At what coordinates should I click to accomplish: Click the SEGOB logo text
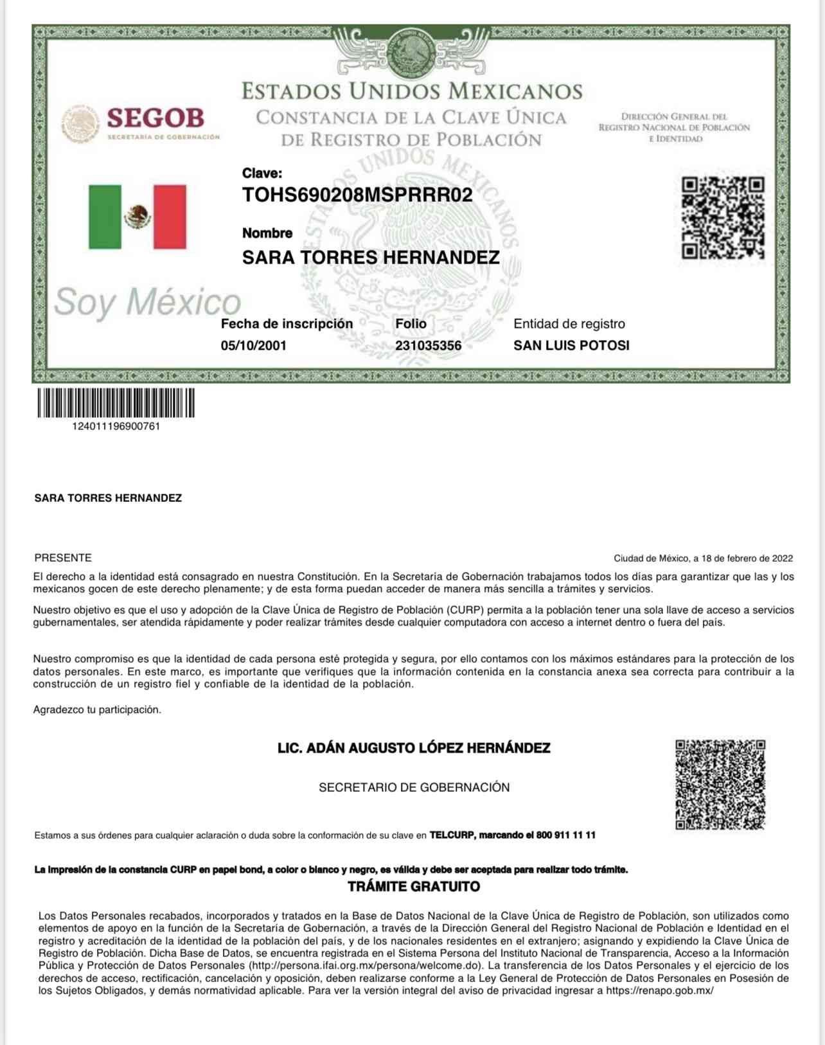point(155,118)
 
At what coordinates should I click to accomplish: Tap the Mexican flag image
point(137,217)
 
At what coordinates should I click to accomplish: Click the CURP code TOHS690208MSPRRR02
point(357,195)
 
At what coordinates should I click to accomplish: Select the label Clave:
point(262,173)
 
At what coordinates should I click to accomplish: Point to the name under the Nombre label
point(371,258)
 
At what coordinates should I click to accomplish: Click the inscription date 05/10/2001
point(254,346)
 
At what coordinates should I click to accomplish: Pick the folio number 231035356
point(428,346)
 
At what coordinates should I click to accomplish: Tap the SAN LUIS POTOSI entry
point(571,346)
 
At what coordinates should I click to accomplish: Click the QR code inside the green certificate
point(723,218)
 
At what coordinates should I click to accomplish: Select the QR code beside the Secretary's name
point(720,785)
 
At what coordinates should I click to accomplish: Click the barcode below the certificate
point(116,403)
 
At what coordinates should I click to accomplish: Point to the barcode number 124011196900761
point(116,427)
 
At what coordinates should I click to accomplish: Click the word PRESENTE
point(63,558)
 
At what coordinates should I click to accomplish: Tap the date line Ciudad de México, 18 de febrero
point(703,558)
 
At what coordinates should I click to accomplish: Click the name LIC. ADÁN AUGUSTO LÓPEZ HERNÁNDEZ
point(414,748)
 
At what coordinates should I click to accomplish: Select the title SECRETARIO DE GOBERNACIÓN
point(414,787)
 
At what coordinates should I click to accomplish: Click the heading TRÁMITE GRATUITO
point(414,887)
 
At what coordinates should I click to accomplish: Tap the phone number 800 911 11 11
point(565,835)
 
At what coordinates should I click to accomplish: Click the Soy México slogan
point(147,302)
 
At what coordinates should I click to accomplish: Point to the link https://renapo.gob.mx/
point(660,991)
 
